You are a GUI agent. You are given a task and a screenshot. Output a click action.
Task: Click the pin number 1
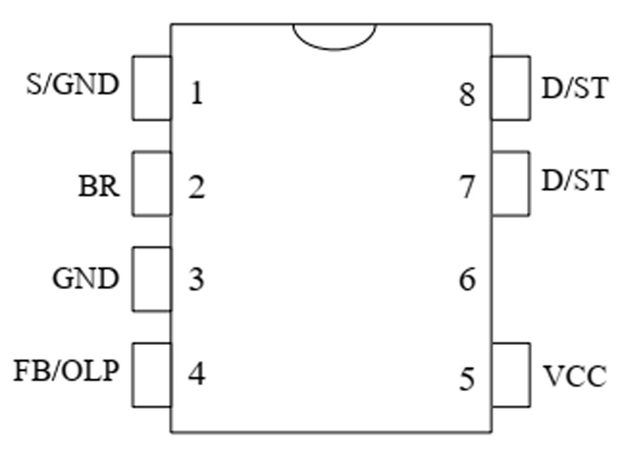[197, 94]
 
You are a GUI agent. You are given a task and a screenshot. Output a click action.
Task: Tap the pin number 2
[197, 187]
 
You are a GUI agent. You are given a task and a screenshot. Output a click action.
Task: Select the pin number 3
[197, 280]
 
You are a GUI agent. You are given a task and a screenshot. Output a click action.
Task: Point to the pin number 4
[197, 374]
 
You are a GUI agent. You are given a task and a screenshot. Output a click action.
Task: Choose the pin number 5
[467, 379]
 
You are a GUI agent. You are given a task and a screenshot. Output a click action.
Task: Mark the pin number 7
[467, 187]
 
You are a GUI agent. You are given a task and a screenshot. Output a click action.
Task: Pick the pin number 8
[467, 95]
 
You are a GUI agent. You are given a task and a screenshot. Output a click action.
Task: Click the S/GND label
[72, 85]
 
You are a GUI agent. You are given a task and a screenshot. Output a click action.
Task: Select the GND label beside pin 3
[85, 279]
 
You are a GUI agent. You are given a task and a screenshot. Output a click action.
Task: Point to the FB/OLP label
[67, 372]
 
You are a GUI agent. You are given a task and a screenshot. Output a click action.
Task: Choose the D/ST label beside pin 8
[574, 90]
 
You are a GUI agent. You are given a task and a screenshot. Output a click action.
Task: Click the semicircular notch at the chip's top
[334, 36]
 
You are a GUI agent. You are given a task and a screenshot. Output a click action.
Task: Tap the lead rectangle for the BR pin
[151, 183]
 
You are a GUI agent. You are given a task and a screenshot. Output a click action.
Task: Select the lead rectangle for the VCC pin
[511, 375]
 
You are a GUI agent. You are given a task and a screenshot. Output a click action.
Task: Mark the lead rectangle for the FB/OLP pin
[151, 375]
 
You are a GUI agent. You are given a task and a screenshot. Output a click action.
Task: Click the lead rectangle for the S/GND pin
[151, 88]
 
